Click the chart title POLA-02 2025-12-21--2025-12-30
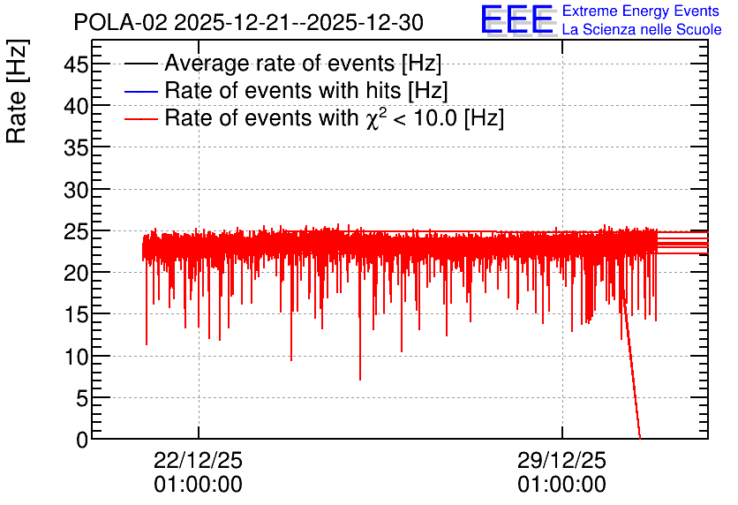click(249, 22)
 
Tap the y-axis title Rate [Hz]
click(18, 91)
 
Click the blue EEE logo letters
click(517, 19)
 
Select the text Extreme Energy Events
click(641, 11)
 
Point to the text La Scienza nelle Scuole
click(642, 29)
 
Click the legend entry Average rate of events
click(303, 63)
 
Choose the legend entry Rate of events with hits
click(306, 90)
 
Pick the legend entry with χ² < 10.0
click(335, 117)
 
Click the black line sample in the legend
click(141, 64)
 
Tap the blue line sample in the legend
click(141, 91)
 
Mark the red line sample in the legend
click(141, 118)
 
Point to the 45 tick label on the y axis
click(76, 64)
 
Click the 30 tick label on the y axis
click(76, 190)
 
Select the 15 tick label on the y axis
click(76, 315)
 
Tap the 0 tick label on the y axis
click(82, 440)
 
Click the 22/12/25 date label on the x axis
click(198, 460)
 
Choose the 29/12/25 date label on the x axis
click(562, 460)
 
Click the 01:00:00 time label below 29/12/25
click(562, 485)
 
